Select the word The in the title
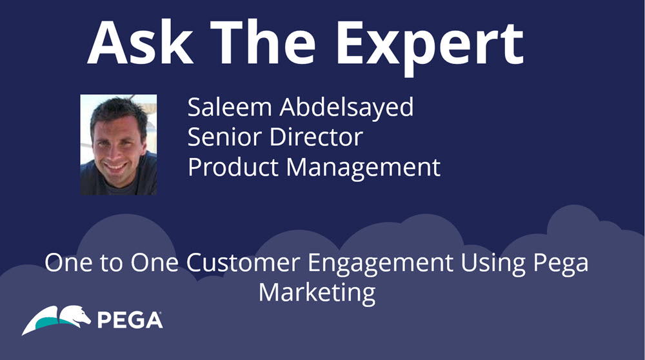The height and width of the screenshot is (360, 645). pyautogui.click(x=263, y=42)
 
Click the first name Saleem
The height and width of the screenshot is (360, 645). pyautogui.click(x=230, y=107)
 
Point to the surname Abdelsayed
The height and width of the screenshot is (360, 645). pyautogui.click(x=346, y=108)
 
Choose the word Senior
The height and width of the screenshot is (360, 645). pyautogui.click(x=224, y=137)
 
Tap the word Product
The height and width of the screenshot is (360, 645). pyautogui.click(x=233, y=167)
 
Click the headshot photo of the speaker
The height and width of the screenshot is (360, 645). pyautogui.click(x=119, y=145)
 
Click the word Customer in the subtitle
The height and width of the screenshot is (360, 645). pyautogui.click(x=243, y=263)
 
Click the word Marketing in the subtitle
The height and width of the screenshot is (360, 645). pyautogui.click(x=317, y=294)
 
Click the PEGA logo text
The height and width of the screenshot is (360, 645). pyautogui.click(x=130, y=321)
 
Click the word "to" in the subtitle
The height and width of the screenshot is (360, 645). pyautogui.click(x=111, y=263)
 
